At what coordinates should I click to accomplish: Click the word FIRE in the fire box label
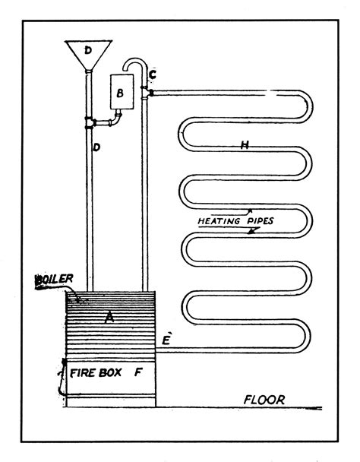[x=82, y=374]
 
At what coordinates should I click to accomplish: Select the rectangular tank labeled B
[x=122, y=96]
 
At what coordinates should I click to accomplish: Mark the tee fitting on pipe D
[x=90, y=122]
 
